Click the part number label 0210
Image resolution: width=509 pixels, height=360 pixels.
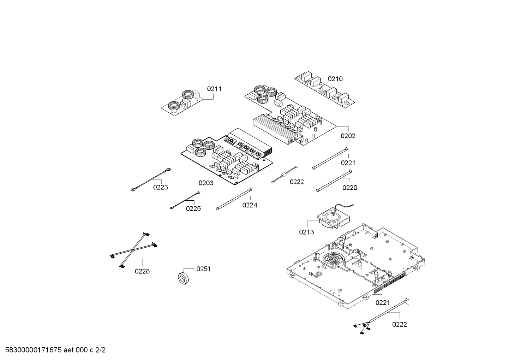coord(335,79)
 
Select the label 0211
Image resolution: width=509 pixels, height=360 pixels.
coord(214,89)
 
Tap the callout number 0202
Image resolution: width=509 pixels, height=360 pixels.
coord(348,136)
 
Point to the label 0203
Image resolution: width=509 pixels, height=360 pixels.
coord(206,183)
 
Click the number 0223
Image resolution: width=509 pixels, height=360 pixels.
coord(161,187)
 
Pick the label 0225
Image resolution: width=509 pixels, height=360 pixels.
coord(193,208)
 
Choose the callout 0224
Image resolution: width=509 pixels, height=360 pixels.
coord(250,205)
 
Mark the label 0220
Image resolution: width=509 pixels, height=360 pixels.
coord(350,188)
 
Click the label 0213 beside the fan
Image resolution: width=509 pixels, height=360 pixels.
coord(306,232)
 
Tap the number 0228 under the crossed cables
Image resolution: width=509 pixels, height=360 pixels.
coord(142,271)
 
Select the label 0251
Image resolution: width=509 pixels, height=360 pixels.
coord(203,269)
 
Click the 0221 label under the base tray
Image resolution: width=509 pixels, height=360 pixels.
coord(383,302)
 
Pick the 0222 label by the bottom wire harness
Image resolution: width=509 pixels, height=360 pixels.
coord(400,324)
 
